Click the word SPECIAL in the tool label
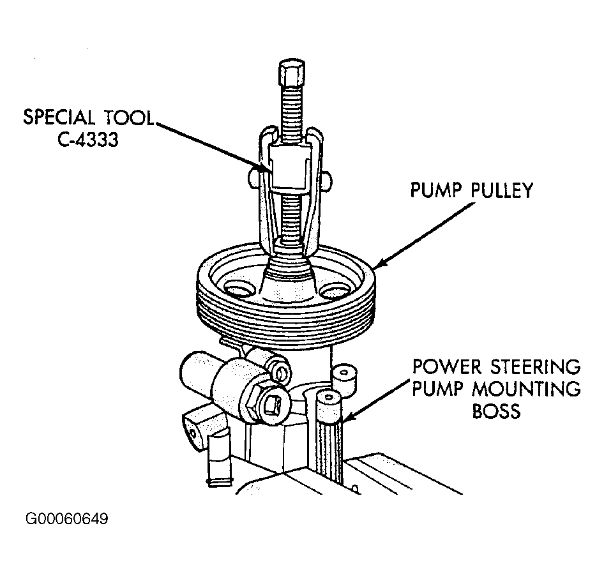click(59, 117)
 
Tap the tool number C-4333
click(88, 140)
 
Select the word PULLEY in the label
click(502, 190)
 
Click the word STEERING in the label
click(536, 366)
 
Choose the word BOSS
click(496, 411)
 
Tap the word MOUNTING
click(526, 389)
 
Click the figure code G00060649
click(67, 519)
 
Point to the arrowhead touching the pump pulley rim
click(380, 262)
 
